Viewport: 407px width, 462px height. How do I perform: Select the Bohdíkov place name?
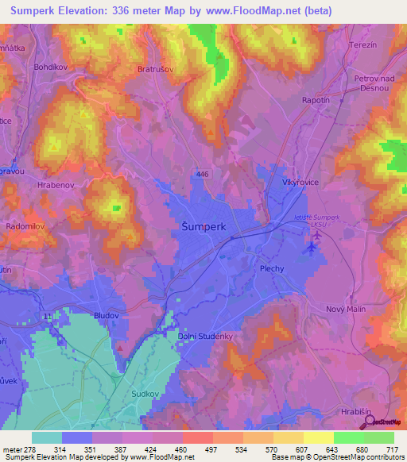click(51, 67)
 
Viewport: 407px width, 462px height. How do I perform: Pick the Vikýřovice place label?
click(300, 182)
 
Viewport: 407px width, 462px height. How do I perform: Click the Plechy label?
click(272, 269)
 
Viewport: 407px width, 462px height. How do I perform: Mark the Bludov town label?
click(106, 315)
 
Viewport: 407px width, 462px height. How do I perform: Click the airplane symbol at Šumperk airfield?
click(311, 247)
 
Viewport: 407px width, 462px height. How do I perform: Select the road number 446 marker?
click(204, 172)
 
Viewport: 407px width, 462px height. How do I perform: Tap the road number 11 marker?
click(48, 316)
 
